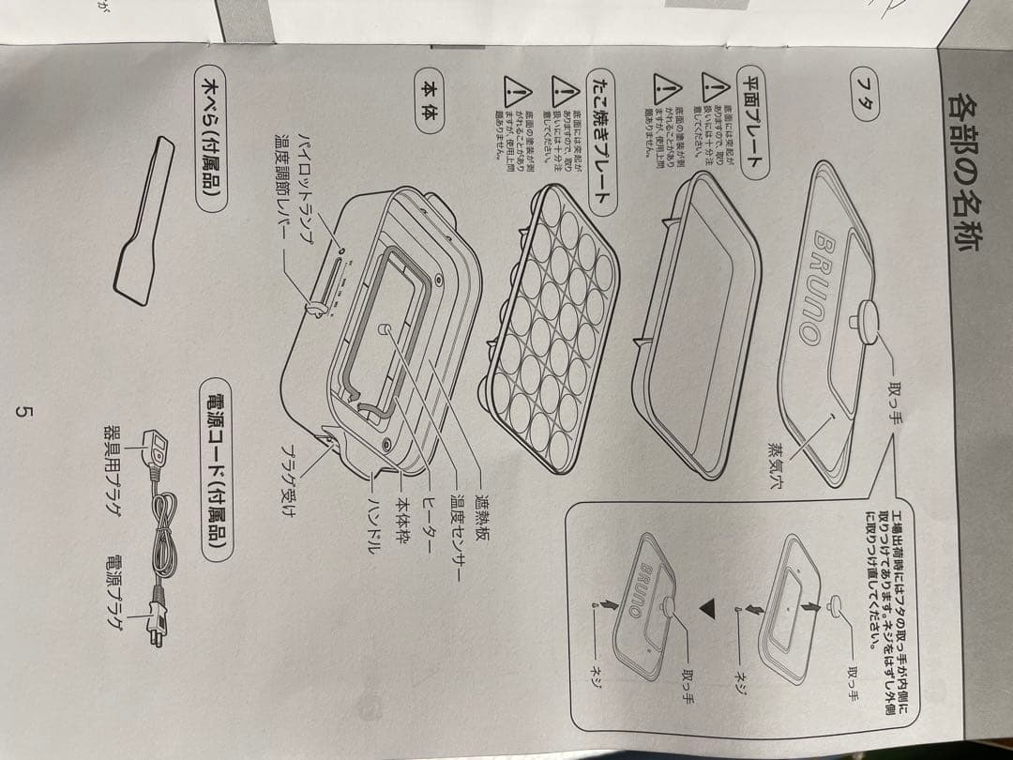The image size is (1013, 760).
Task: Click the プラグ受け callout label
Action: click(x=292, y=479)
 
